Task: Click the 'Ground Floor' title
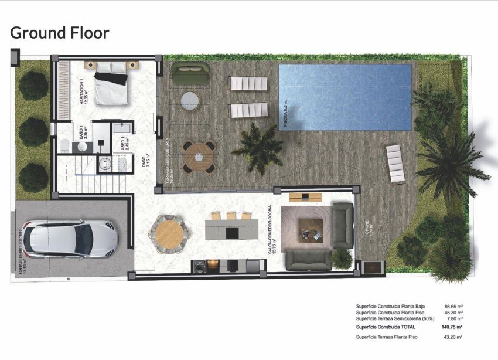(x=60, y=33)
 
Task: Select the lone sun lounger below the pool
(x=395, y=164)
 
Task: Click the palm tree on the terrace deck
(x=258, y=147)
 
